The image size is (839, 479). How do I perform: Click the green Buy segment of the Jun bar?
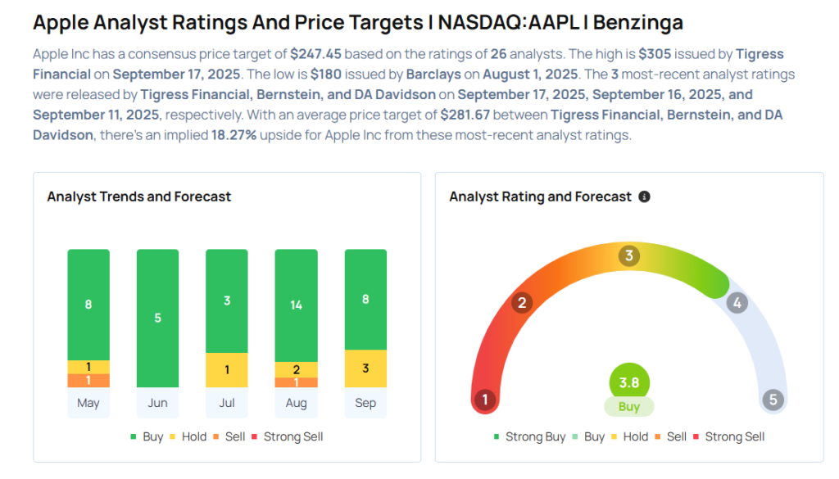click(x=157, y=318)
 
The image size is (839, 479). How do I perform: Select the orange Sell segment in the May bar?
click(x=88, y=381)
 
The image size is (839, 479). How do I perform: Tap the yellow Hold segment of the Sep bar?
click(x=365, y=368)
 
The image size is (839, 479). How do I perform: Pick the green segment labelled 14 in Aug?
click(x=296, y=305)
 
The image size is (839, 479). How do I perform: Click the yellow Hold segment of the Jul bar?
click(x=227, y=370)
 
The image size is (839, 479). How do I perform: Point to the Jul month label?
click(x=227, y=403)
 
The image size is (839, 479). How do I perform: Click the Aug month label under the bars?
click(x=296, y=403)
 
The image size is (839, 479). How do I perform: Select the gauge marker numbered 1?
click(x=485, y=400)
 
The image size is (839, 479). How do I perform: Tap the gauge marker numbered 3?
click(x=629, y=255)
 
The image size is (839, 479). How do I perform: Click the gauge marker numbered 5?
click(x=773, y=400)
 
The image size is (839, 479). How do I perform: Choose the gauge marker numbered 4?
click(x=737, y=303)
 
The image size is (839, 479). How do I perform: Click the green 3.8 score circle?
click(x=629, y=382)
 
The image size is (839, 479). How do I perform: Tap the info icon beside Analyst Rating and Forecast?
click(x=644, y=197)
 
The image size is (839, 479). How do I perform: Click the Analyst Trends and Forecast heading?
click(x=139, y=197)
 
